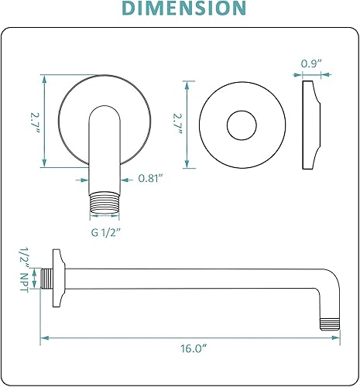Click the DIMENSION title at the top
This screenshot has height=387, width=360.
pyautogui.click(x=180, y=10)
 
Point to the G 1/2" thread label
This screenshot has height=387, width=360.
pyautogui.click(x=107, y=231)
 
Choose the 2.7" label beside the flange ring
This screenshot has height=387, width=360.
pyautogui.click(x=177, y=124)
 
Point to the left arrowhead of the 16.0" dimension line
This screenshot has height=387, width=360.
pyautogui.click(x=43, y=336)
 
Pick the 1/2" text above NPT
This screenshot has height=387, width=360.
pyautogui.click(x=24, y=256)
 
